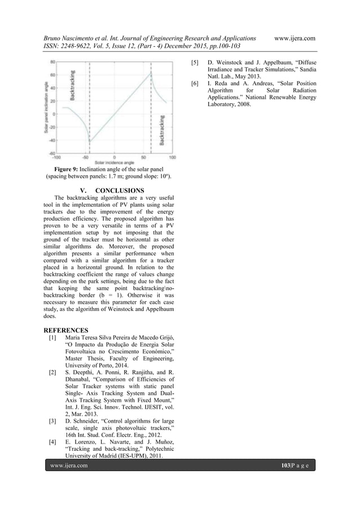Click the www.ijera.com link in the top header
[x=294, y=38]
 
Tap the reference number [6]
[x=195, y=83]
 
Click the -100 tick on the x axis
[x=56, y=156]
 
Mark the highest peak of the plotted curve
[x=151, y=72]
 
